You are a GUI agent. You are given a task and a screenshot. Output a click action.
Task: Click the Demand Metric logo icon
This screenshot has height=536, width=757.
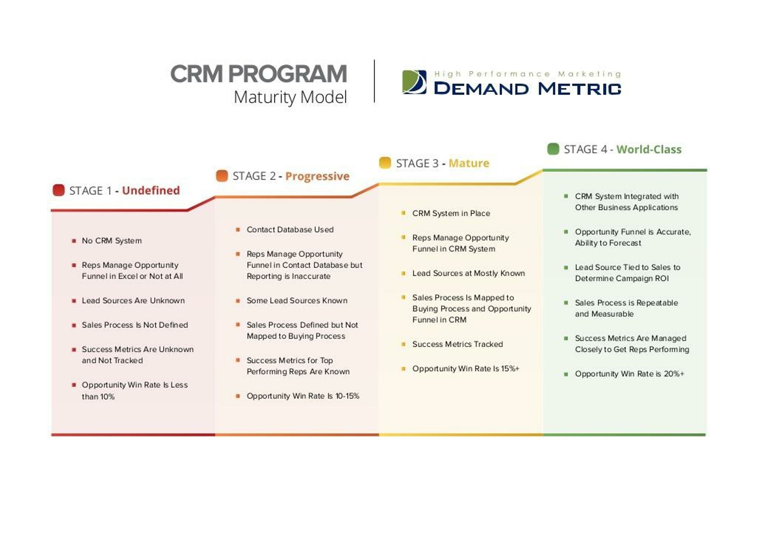414,82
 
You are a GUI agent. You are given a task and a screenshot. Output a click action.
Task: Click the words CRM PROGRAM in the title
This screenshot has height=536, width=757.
258,74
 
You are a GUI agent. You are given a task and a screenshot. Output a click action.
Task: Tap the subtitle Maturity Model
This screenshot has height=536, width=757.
290,97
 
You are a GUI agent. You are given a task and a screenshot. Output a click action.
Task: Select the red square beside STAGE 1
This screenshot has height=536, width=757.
59,190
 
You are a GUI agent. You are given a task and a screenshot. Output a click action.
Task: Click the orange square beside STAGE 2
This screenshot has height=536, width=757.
222,176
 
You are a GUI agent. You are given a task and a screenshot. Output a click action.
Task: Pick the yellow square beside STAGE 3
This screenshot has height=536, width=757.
385,163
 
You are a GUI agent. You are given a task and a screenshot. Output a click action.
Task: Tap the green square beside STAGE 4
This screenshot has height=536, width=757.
553,149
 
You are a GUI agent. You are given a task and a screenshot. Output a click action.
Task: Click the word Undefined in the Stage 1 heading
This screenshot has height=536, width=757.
151,190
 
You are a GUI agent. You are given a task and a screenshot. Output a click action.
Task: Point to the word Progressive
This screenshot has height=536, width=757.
317,176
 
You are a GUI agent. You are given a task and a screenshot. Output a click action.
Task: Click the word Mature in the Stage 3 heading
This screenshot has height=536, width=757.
469,163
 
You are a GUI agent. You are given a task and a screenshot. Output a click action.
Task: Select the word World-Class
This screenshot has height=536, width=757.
649,149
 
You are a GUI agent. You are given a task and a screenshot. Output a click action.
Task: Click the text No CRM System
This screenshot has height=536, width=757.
112,241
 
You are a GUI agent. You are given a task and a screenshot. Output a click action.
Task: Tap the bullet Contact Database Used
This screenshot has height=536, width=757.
290,229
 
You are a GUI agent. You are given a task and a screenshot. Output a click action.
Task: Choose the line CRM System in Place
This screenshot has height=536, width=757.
451,213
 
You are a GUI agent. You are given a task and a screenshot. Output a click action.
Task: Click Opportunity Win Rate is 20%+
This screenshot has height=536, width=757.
630,374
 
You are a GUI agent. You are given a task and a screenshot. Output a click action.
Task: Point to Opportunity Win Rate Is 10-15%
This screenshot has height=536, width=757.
303,396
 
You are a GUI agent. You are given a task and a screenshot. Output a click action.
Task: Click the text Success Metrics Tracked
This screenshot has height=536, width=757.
457,344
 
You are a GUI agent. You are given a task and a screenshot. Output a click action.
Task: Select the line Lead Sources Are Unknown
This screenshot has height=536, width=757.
133,300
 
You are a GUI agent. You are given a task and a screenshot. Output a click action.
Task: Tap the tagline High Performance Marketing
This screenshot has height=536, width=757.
528,74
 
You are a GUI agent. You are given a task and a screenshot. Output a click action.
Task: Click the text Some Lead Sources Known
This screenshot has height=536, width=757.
297,300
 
